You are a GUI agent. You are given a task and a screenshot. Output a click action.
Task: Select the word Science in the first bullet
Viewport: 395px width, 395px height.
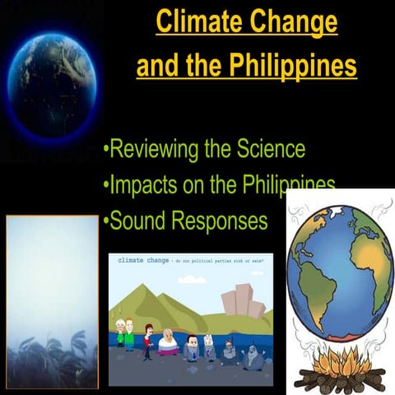click(262, 150)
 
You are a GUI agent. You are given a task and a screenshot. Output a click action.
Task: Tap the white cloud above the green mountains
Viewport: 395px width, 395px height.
click(192, 280)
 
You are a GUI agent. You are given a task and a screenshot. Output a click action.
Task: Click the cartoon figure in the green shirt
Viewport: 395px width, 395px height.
click(128, 334)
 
